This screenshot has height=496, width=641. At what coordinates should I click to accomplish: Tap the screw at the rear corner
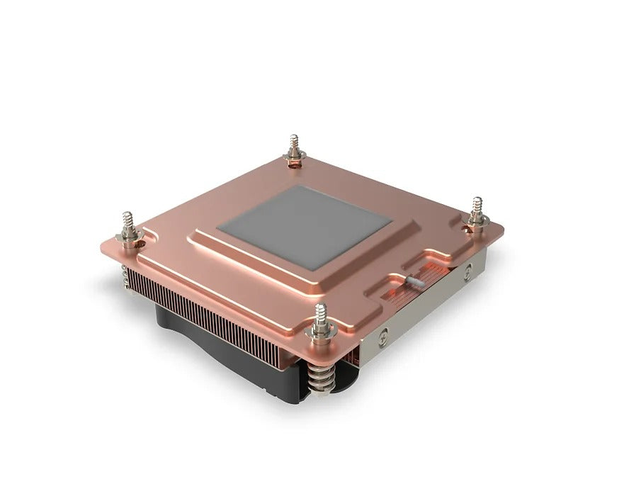coord(293,152)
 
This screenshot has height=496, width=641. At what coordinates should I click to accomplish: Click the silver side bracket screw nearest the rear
coord(467,270)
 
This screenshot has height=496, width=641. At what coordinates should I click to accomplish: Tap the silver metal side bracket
coord(425,312)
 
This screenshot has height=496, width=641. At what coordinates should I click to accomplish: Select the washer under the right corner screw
coord(477,223)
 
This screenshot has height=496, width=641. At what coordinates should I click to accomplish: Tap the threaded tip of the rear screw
coord(293,141)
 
